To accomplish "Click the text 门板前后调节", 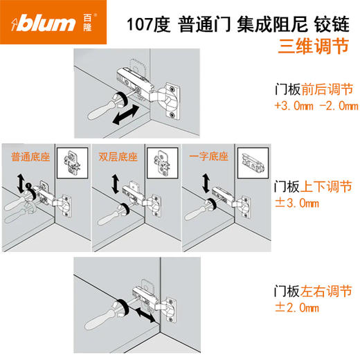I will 313,90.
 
